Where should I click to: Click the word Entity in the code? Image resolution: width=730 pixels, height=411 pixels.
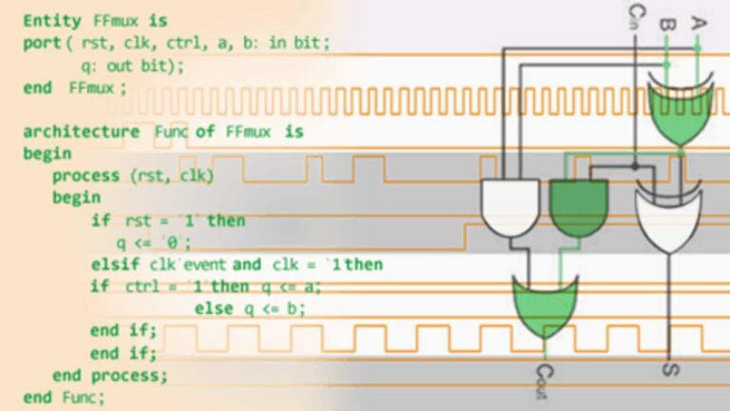pyautogui.click(x=52, y=22)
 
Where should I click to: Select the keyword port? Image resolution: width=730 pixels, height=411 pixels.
pyautogui.click(x=43, y=44)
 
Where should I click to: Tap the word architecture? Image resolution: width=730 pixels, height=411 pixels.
pyautogui.click(x=82, y=132)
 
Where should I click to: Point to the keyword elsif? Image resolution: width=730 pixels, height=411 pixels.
pyautogui.click(x=115, y=264)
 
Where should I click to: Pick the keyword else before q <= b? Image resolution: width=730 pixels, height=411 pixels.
pyautogui.click(x=214, y=308)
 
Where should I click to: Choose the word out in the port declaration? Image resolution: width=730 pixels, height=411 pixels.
pyautogui.click(x=120, y=67)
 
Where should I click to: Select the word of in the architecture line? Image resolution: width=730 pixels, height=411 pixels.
pyautogui.click(x=205, y=132)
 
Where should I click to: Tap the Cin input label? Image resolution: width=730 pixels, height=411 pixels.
pyautogui.click(x=636, y=16)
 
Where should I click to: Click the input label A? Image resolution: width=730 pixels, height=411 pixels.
pyautogui.click(x=698, y=23)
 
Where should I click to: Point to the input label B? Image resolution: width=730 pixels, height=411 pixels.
pyautogui.click(x=667, y=24)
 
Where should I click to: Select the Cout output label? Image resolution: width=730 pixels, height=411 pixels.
pyautogui.click(x=544, y=382)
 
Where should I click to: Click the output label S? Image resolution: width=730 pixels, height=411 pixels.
pyautogui.click(x=670, y=370)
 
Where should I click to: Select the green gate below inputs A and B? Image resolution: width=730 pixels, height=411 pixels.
pyautogui.click(x=681, y=109)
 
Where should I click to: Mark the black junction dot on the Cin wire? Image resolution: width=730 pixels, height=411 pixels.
pyautogui.click(x=635, y=166)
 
